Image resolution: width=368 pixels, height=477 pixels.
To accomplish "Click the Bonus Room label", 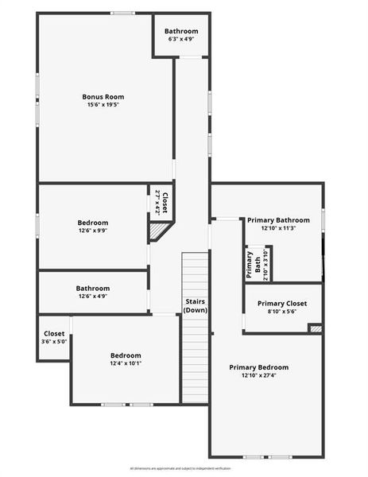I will click(103, 97).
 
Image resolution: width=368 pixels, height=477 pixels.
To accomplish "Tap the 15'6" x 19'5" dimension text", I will click(103, 105).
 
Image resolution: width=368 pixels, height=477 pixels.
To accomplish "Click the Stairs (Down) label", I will click(196, 305).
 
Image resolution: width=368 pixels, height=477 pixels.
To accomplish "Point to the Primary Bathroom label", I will click(278, 219).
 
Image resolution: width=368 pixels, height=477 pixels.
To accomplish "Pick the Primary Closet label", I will click(281, 304).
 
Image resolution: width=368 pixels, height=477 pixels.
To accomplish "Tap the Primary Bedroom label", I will click(259, 367).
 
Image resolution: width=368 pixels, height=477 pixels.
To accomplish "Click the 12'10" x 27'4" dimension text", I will click(259, 375).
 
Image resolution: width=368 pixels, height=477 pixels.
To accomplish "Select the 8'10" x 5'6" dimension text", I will click(281, 312).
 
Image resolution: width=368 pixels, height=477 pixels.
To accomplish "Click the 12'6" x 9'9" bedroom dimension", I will click(93, 231).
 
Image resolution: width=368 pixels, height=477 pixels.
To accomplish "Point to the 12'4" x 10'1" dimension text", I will click(126, 363).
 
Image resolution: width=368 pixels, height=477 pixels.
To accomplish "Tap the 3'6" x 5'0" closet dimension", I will click(54, 342).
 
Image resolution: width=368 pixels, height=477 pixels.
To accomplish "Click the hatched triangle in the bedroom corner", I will click(159, 231).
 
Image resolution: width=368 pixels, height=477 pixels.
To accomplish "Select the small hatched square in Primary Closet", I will click(315, 328).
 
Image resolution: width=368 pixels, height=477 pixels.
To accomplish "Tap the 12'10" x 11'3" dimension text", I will click(278, 228).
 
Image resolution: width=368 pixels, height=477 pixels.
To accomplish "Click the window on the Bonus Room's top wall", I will click(122, 13).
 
